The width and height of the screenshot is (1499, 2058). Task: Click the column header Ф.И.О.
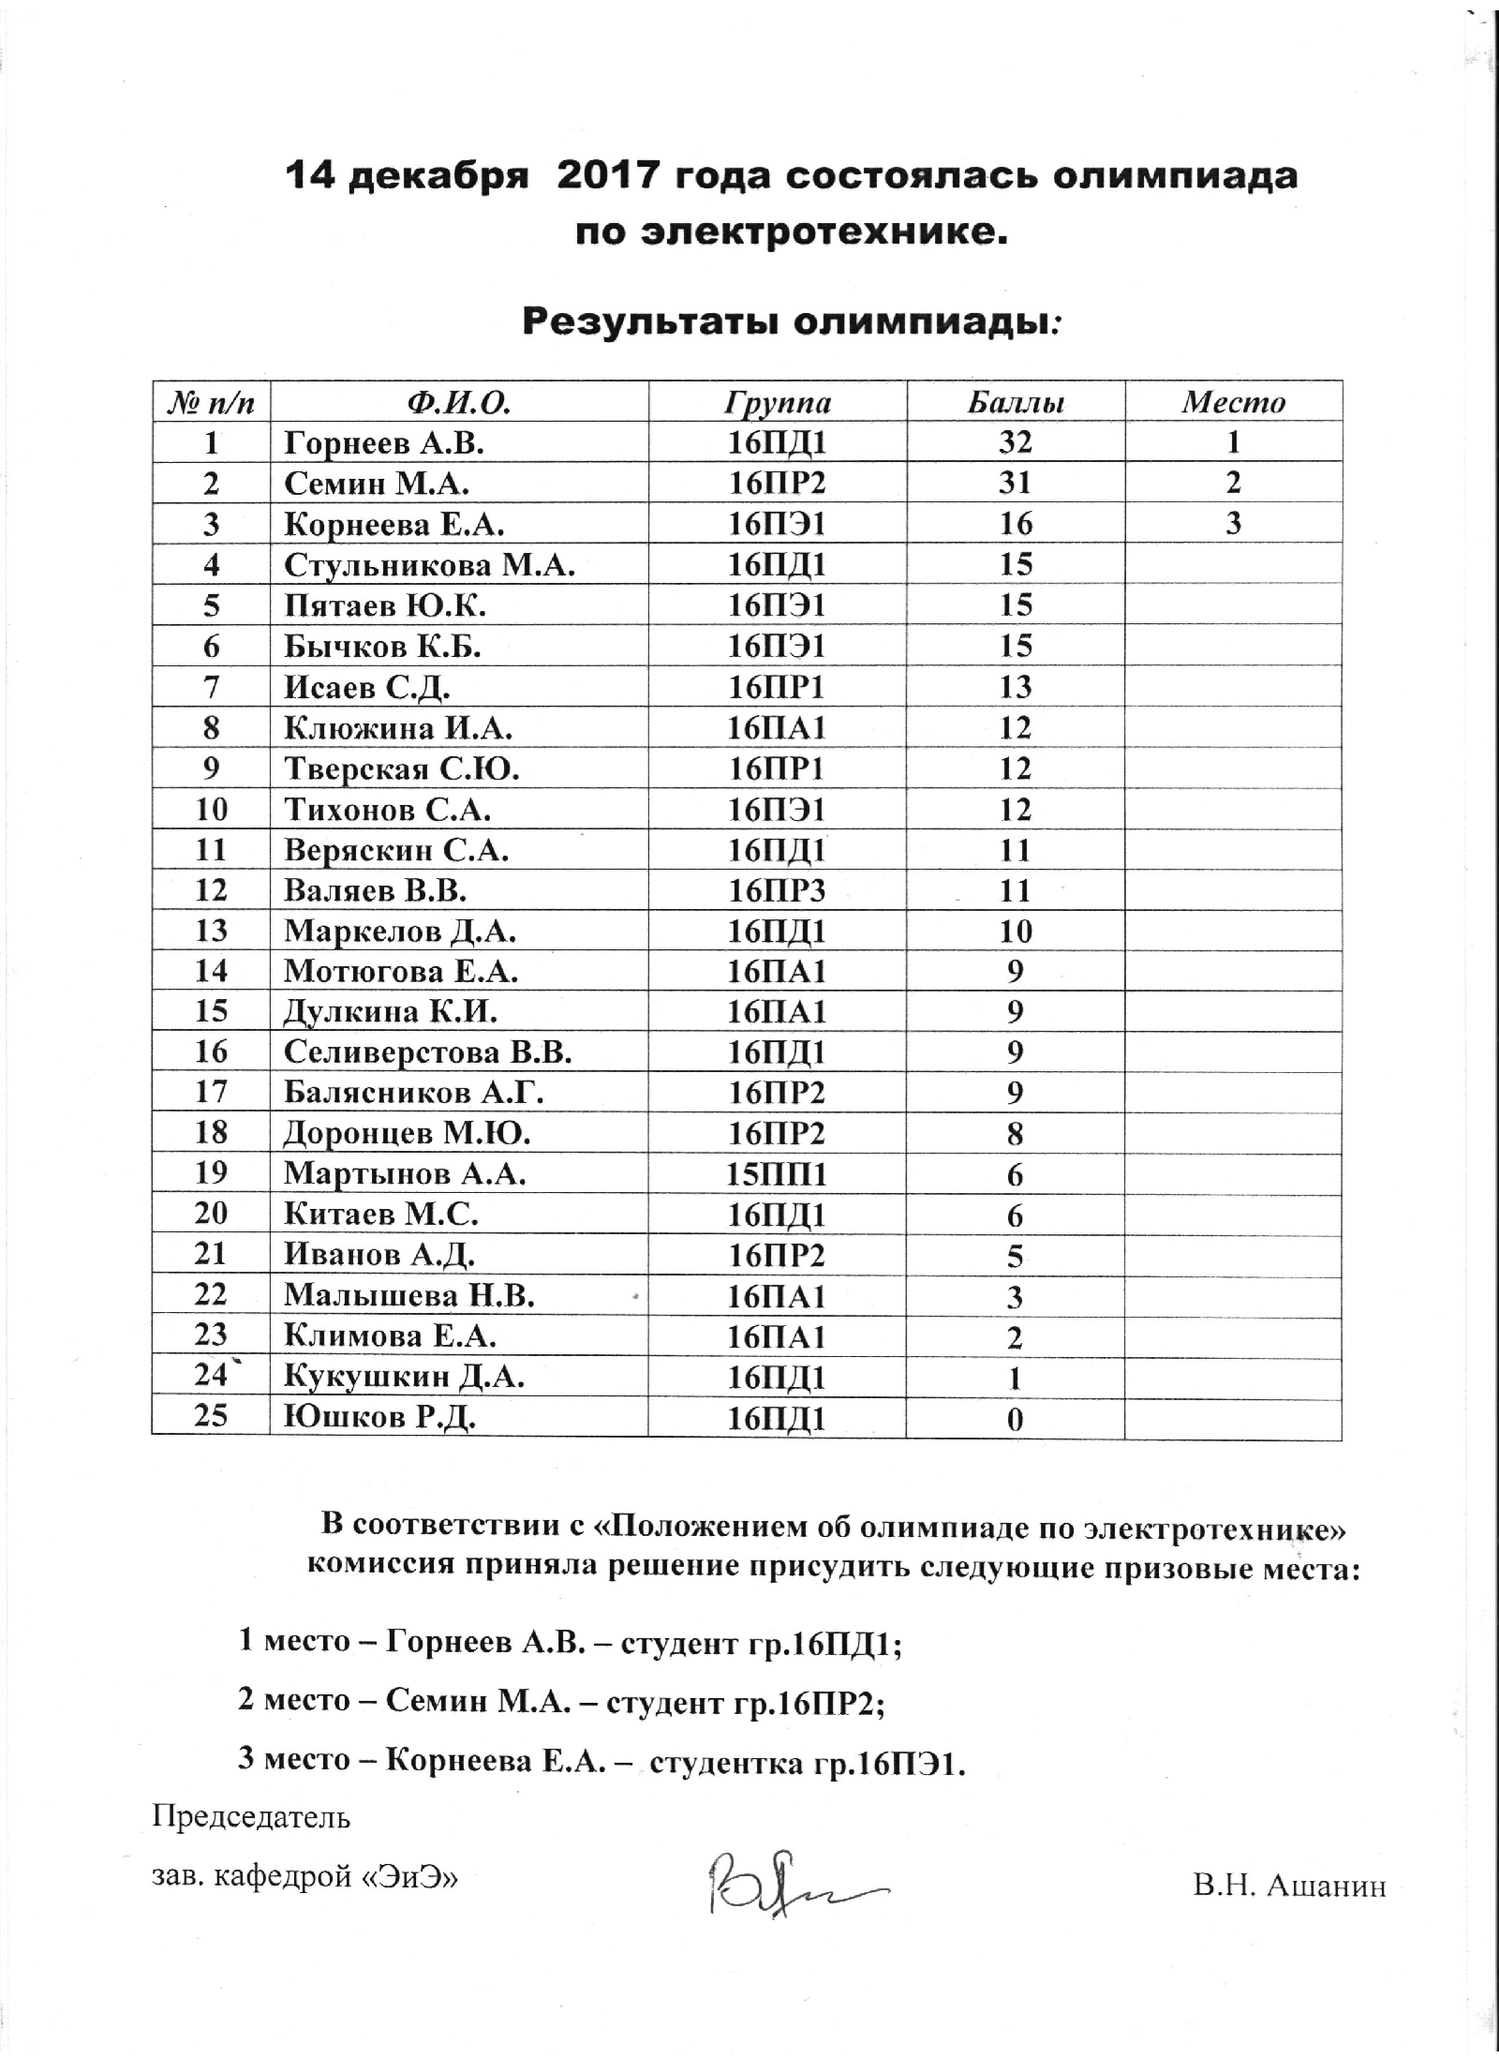point(459,402)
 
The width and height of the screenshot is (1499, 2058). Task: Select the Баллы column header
point(1015,402)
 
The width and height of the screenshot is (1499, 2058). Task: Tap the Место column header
point(1233,402)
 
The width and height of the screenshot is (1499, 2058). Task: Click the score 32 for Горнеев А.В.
point(1015,442)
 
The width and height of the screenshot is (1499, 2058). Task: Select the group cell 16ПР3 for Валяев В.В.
point(777,889)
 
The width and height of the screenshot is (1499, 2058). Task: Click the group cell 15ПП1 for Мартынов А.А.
point(777,1174)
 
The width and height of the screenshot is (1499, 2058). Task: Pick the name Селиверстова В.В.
point(428,1052)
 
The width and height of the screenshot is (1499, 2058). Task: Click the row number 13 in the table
point(211,931)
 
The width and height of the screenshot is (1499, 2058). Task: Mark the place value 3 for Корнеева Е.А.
point(1233,524)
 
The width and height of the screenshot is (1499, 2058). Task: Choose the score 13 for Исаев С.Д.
point(1015,687)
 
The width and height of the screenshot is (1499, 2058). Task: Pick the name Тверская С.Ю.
point(401,768)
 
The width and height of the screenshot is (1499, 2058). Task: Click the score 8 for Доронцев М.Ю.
point(1015,1134)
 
